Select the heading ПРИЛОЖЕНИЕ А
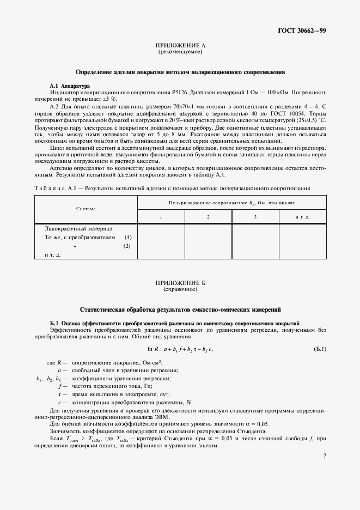pos(180,46)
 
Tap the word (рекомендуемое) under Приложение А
pos(180,52)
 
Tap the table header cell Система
pos(86,209)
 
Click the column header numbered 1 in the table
pos(161,217)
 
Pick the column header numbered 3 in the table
pos(255,217)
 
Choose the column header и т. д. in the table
pos(302,217)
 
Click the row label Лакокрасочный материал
pos(78,229)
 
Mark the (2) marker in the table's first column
pos(127,246)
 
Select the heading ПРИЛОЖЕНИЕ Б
pos(180,283)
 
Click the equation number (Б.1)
pos(320,349)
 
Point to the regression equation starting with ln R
pos(180,349)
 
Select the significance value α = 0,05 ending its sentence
pos(254,423)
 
